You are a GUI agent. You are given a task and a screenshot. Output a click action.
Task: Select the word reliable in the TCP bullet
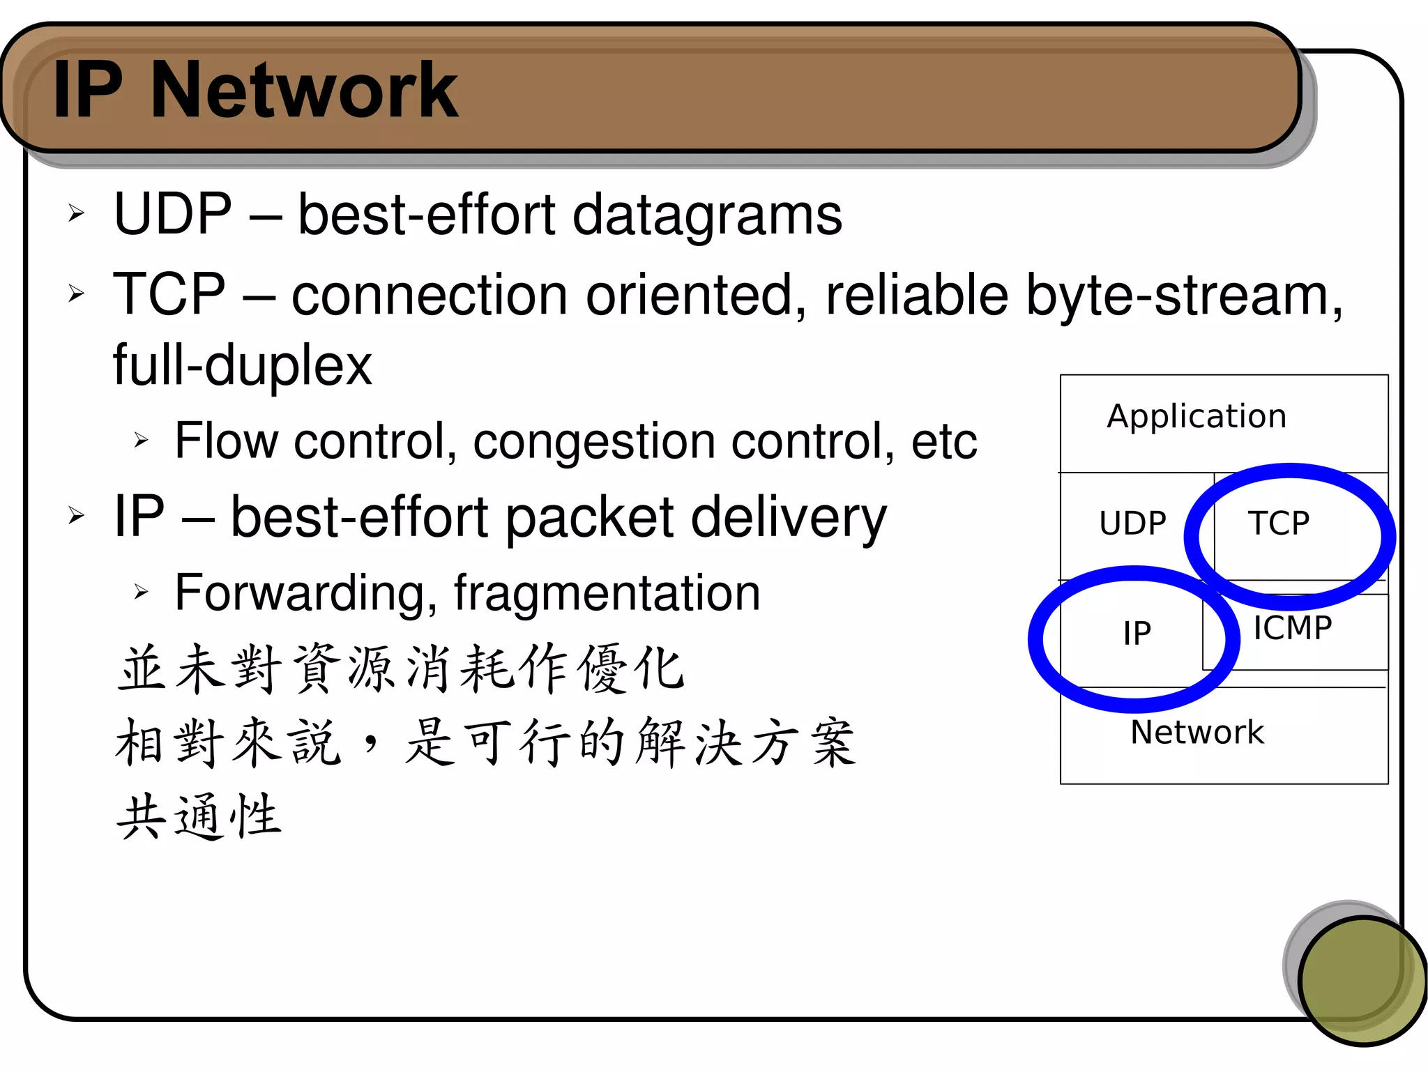(917, 296)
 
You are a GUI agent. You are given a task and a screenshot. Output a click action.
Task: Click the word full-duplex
(242, 365)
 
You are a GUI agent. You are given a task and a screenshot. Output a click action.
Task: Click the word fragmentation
(607, 593)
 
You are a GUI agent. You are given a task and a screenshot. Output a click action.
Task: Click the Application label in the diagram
(1197, 416)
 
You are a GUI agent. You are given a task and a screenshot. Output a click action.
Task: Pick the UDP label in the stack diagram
(1132, 523)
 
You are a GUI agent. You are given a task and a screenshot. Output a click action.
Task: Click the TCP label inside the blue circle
(1279, 523)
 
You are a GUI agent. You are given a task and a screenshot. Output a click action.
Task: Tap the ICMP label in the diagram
(1292, 628)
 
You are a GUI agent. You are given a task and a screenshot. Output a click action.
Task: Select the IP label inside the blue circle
(1137, 633)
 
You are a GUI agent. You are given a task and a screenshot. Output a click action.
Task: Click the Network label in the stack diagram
(1197, 732)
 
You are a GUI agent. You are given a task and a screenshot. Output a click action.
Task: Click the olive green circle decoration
(1362, 980)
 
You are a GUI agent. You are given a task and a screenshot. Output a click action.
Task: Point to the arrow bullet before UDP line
(76, 213)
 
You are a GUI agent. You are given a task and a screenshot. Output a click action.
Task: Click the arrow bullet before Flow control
(142, 440)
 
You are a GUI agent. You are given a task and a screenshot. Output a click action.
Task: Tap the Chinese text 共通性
(199, 816)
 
